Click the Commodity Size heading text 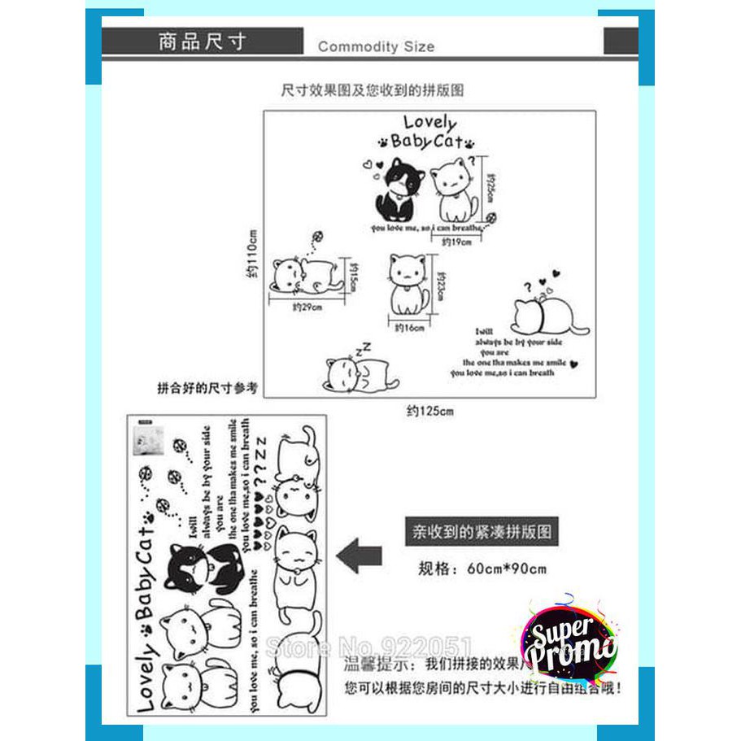coord(376,46)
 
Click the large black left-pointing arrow coord(359,557)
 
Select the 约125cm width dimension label coord(429,411)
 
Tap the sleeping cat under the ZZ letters coord(360,374)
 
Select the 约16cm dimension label coord(410,328)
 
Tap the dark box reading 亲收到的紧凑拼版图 coord(482,533)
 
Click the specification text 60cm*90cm coord(507,569)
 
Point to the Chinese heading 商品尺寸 coord(202,41)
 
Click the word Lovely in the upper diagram coord(430,123)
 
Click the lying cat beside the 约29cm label coord(303,275)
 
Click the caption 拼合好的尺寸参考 coord(207,388)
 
